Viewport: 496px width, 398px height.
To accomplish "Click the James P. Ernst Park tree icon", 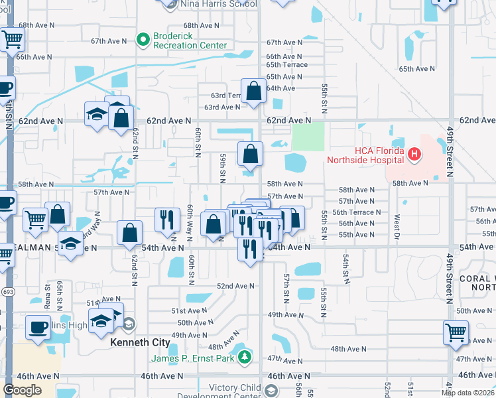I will [x=245, y=358].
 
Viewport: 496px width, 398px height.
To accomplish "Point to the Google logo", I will [x=22, y=390].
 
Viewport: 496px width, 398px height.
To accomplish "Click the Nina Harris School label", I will [x=217, y=4].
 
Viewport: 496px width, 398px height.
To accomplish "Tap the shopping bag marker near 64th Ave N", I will [x=254, y=93].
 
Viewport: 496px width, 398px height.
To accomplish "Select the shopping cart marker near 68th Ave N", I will [x=11, y=40].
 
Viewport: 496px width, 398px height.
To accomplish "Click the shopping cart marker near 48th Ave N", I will [x=456, y=333].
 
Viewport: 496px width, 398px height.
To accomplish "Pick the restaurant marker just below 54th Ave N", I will [x=249, y=249].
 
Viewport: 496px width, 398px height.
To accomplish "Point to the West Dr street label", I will [x=398, y=226].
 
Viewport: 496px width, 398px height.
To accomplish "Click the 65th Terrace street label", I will [x=287, y=65].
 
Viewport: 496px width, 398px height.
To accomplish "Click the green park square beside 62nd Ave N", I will [x=308, y=136].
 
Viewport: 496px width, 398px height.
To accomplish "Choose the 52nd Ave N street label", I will [x=235, y=286].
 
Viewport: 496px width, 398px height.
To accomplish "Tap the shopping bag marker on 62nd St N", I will [x=121, y=119].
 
